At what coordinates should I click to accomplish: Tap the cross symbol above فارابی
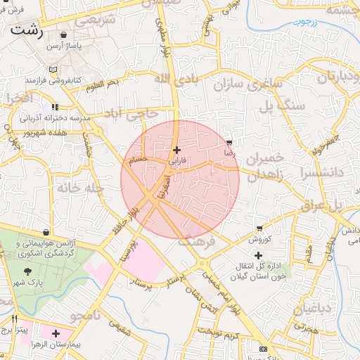click(x=176, y=150)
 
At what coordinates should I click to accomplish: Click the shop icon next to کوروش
click(x=260, y=228)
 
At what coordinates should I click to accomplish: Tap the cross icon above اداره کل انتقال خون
click(x=259, y=255)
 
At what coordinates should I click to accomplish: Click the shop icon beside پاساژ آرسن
click(x=64, y=34)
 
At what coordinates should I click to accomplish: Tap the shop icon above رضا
click(x=229, y=143)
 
